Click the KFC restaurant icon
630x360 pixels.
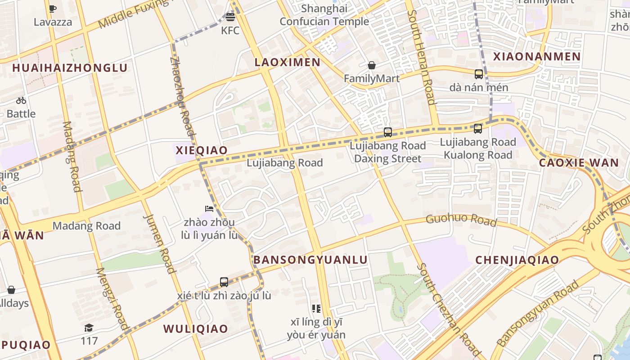click(x=230, y=18)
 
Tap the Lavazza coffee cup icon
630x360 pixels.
click(x=53, y=9)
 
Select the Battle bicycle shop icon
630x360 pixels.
click(x=21, y=100)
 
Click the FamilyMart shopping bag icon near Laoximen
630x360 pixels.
click(x=372, y=66)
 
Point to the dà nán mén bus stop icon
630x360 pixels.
click(x=479, y=74)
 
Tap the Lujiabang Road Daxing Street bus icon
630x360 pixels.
click(x=388, y=132)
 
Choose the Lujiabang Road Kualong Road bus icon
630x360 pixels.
click(x=478, y=129)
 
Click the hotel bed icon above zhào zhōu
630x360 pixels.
click(x=209, y=209)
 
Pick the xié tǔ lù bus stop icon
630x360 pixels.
click(x=224, y=282)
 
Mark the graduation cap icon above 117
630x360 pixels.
click(x=89, y=328)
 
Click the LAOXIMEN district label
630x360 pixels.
click(x=288, y=63)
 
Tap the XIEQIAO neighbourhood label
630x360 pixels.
click(x=201, y=150)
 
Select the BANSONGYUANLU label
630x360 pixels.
click(x=310, y=260)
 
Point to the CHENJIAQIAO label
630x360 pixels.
click(x=517, y=260)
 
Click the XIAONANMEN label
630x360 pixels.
click(x=537, y=57)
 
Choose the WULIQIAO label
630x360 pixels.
click(x=196, y=328)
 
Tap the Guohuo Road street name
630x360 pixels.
click(x=461, y=220)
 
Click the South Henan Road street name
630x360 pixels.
click(x=422, y=56)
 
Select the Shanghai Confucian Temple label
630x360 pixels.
click(x=324, y=15)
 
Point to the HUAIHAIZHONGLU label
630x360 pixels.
click(x=70, y=68)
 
